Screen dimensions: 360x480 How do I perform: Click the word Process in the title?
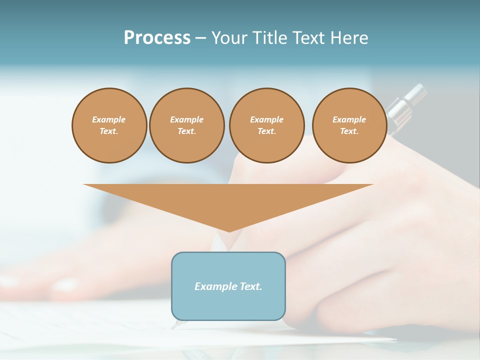157,38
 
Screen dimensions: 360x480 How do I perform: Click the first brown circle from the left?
109,125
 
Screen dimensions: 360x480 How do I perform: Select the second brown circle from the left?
187,125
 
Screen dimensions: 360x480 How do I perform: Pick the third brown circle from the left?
267,125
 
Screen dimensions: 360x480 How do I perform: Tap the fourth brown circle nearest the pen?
349,125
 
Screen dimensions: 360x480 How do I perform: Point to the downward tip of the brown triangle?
228,230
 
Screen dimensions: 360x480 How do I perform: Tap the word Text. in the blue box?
250,286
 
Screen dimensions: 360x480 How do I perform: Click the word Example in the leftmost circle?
109,119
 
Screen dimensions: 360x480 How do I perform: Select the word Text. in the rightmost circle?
349,131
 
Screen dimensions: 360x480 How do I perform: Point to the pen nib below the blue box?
175,325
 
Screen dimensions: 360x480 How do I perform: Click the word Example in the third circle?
267,119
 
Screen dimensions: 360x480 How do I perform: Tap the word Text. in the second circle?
187,131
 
